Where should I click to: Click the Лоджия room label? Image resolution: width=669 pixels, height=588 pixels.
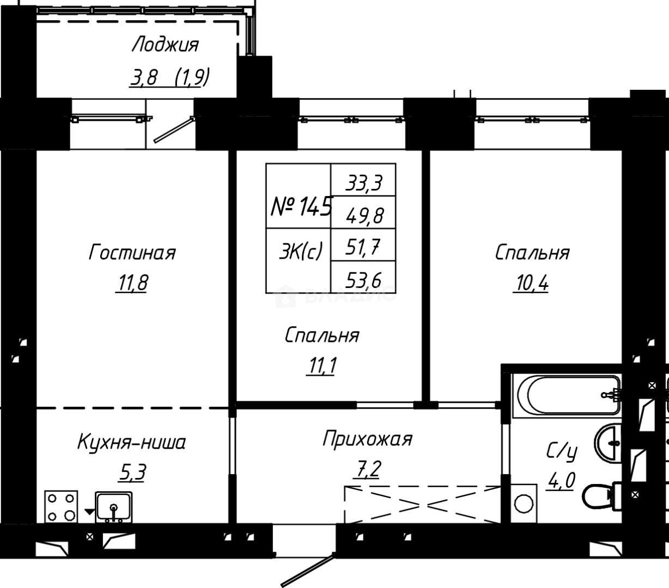(x=165, y=45)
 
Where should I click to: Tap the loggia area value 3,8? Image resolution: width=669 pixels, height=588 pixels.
(x=144, y=78)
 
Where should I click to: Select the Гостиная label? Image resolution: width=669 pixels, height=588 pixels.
(x=132, y=253)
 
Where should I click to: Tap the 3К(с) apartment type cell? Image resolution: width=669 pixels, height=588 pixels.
(x=300, y=252)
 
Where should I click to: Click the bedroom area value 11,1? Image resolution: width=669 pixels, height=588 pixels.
(x=321, y=366)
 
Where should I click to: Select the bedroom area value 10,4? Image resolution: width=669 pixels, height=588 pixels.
(x=530, y=284)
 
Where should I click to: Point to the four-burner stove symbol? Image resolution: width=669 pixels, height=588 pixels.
(x=61, y=506)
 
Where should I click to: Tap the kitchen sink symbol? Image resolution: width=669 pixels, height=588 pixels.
(x=113, y=507)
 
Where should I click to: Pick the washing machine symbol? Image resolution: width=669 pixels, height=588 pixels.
(x=524, y=503)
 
